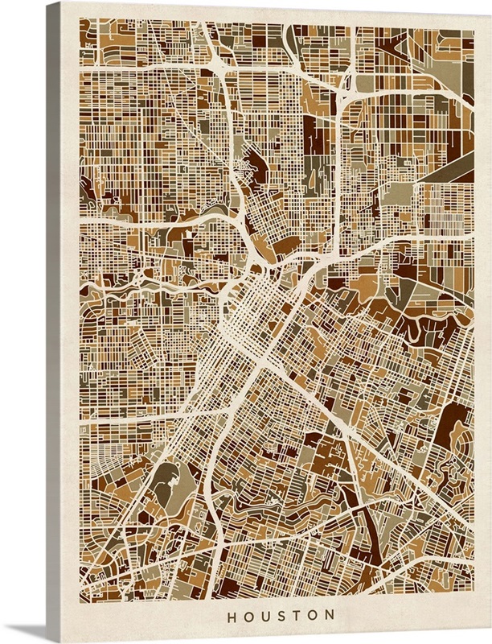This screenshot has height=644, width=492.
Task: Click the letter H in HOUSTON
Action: (x=232, y=616)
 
